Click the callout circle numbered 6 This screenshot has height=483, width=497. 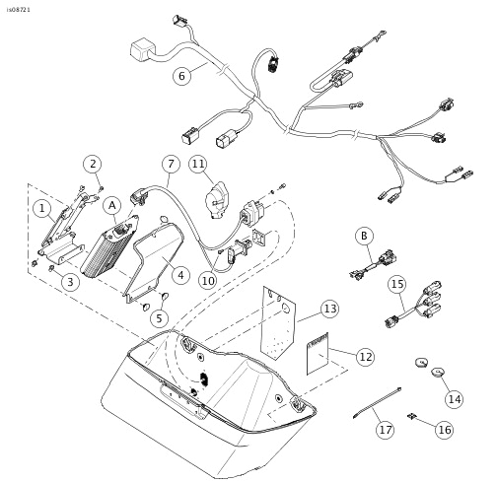click(180, 75)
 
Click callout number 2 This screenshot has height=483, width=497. click(92, 164)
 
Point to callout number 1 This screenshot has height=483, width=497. click(41, 208)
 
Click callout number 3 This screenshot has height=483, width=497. click(70, 282)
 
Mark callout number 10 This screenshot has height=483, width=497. click(208, 281)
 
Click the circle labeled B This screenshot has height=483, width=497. click(365, 236)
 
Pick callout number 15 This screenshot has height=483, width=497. click(396, 285)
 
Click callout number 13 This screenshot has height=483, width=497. click(328, 310)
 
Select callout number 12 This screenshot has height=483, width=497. click(365, 355)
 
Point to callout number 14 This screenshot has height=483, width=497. click(454, 398)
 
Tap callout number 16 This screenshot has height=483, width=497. click(444, 430)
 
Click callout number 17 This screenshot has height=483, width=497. click(383, 430)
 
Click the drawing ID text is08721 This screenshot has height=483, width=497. click(19, 8)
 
